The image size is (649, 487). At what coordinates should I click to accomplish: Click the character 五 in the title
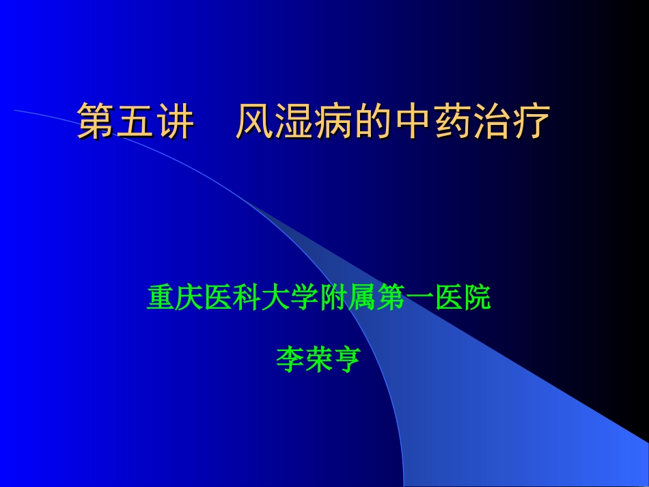135,122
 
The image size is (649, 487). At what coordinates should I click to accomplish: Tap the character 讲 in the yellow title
175,122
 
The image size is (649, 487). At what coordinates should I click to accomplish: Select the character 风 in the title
254,122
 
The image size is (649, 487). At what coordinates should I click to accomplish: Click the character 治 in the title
492,122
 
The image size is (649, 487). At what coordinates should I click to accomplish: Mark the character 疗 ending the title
531,122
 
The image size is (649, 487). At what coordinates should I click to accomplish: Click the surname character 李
290,359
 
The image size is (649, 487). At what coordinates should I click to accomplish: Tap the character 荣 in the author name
318,359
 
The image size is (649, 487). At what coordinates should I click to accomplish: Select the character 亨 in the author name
347,359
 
